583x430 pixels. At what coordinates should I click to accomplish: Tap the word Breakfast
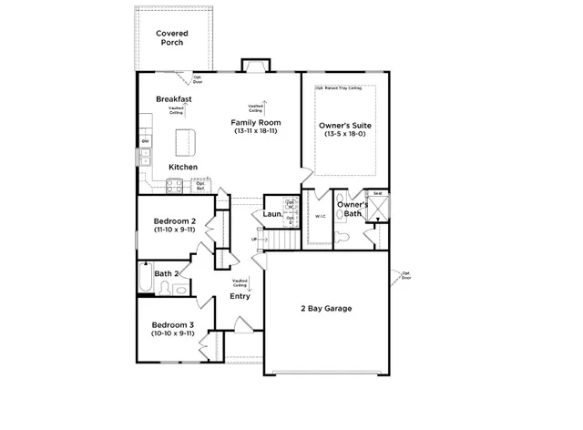(x=173, y=98)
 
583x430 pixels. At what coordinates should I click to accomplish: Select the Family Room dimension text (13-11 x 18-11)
(x=255, y=132)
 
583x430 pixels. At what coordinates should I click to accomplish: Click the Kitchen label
(x=182, y=168)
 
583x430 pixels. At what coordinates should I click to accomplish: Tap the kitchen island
(x=186, y=140)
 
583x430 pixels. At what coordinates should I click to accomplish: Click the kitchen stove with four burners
(x=174, y=186)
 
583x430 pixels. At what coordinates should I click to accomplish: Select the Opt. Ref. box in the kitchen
(x=199, y=186)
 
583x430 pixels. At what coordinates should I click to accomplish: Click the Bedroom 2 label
(x=173, y=221)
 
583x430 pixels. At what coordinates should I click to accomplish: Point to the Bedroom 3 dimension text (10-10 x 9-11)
(x=172, y=334)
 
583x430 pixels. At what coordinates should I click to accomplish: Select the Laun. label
(x=271, y=215)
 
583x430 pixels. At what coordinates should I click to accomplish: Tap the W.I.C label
(x=320, y=217)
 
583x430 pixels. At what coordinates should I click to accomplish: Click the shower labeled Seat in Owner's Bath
(x=377, y=209)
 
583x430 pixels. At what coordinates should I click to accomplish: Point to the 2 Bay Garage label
(x=326, y=308)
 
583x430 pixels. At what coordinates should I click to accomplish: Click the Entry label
(x=240, y=296)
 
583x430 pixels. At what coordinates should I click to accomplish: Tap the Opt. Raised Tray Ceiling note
(x=339, y=88)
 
